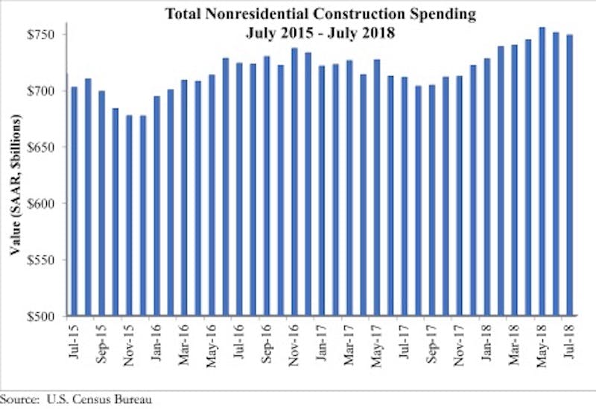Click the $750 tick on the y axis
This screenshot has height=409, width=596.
point(46,34)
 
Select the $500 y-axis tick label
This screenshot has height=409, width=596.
point(46,316)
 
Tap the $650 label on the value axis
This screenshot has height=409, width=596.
point(46,147)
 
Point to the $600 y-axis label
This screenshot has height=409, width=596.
point(46,204)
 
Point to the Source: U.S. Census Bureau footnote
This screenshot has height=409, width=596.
point(77,400)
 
